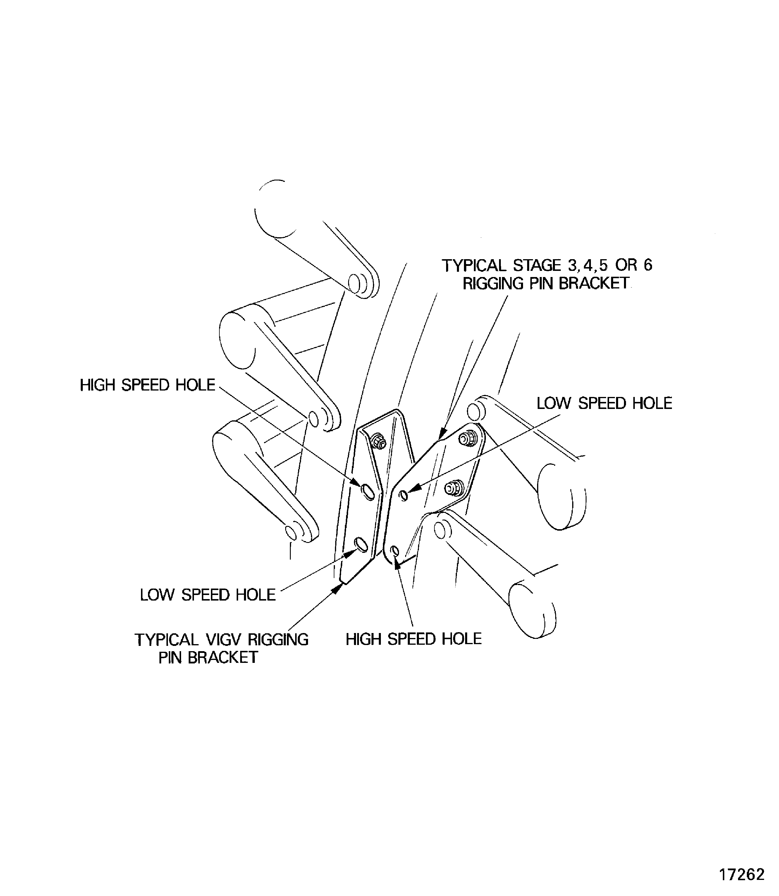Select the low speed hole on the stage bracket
pos(403,495)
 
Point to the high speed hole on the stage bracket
pos(395,551)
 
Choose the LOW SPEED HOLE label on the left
pos(207,595)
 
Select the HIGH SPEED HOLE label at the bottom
pos(413,639)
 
